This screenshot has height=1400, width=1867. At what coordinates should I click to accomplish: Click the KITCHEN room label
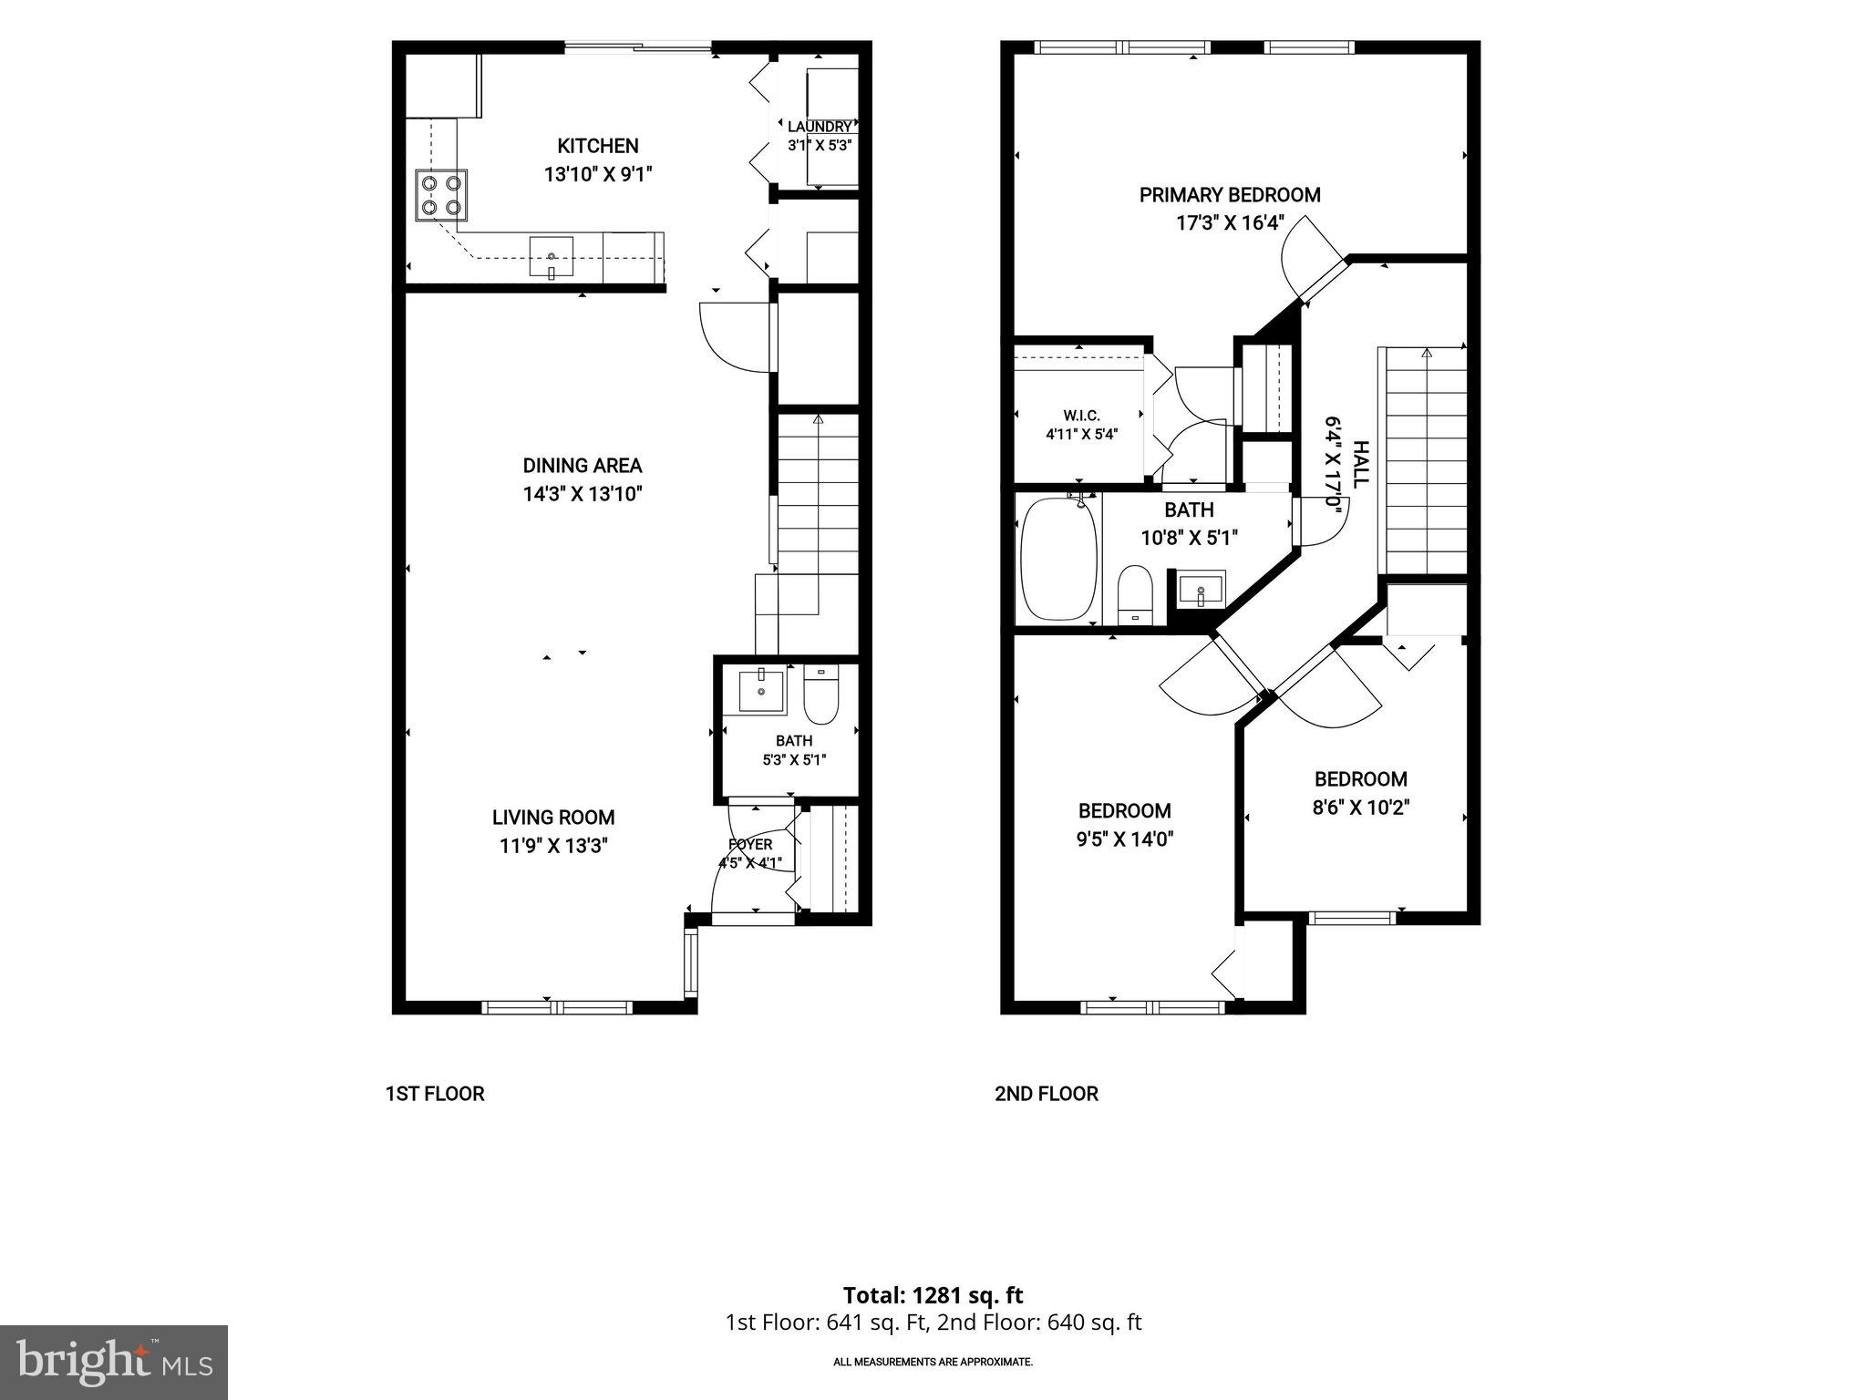click(598, 146)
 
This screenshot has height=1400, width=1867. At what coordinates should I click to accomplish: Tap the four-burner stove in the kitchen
click(442, 195)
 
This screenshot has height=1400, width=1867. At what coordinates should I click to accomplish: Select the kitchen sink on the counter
click(552, 257)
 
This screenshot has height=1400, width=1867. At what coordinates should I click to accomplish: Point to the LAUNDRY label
click(820, 127)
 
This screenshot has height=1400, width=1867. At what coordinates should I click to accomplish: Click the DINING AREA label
click(583, 466)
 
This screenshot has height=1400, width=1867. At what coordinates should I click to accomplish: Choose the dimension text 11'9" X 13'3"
click(554, 846)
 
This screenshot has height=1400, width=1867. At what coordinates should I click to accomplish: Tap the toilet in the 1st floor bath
click(821, 695)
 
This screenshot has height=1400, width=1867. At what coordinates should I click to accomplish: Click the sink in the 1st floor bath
click(761, 691)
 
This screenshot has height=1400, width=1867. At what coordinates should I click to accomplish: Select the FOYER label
click(750, 845)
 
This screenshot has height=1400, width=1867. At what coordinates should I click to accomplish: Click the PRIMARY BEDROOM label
click(1230, 195)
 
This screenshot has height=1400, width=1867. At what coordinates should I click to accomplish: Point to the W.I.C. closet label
click(1081, 416)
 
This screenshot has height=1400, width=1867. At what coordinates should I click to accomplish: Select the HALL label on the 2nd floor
click(1360, 464)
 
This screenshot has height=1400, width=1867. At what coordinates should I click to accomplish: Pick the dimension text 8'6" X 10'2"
click(1361, 808)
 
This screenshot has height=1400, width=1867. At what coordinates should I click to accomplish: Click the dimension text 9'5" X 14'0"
click(1124, 839)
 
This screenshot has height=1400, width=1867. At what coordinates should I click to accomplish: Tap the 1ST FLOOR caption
click(435, 1094)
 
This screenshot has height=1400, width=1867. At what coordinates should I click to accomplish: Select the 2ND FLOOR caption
click(1047, 1094)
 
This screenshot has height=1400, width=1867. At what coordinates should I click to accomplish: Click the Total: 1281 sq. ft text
click(933, 1295)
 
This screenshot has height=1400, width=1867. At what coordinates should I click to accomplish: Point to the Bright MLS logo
click(114, 1362)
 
